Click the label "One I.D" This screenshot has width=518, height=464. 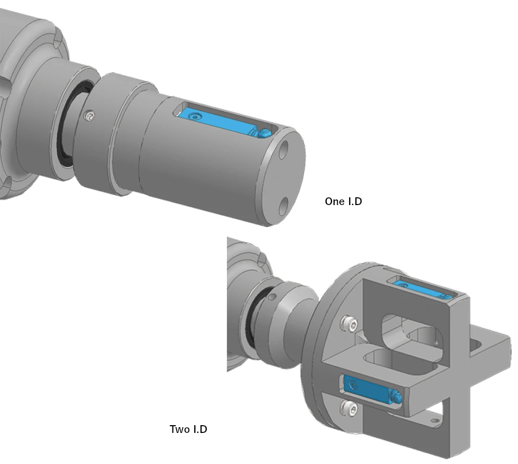point(343,201)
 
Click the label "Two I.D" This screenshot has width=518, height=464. point(189,429)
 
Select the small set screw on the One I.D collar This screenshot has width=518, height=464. point(91,115)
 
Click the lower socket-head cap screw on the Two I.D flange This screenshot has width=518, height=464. point(350,409)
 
